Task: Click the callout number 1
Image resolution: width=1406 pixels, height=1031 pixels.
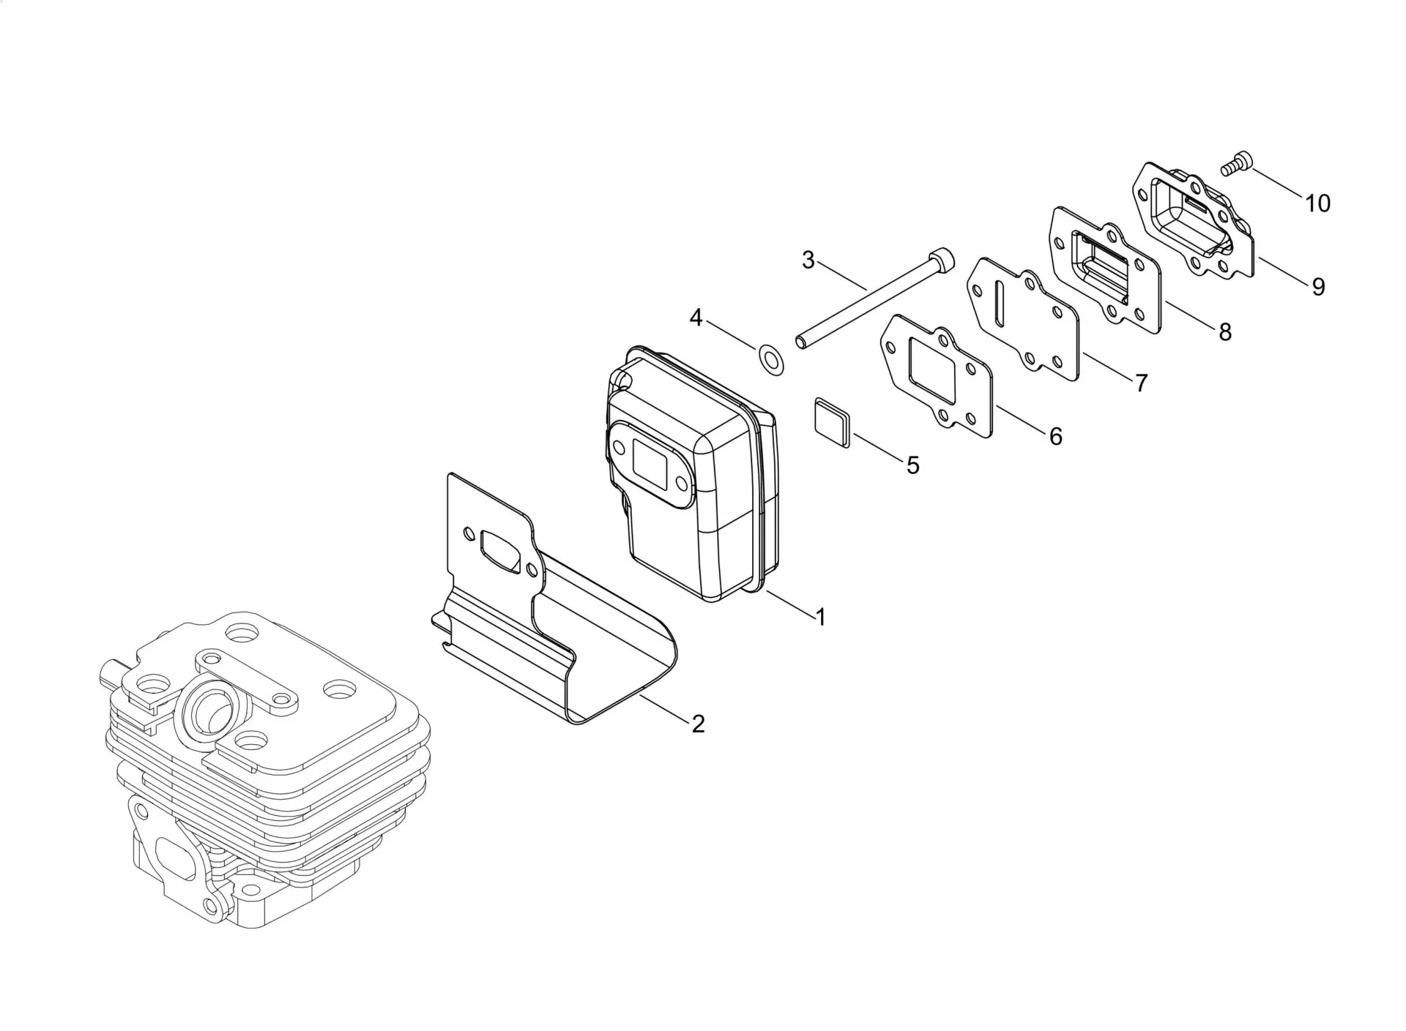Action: (x=821, y=617)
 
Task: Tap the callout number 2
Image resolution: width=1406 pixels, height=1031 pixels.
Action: (x=699, y=724)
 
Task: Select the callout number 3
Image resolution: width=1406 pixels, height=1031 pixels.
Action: (x=808, y=260)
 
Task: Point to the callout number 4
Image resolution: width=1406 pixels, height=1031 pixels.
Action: (x=696, y=318)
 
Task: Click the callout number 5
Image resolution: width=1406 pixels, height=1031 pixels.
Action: (x=913, y=465)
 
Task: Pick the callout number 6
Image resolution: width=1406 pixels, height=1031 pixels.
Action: (x=1055, y=436)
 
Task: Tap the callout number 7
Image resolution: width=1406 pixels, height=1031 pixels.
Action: (x=1142, y=382)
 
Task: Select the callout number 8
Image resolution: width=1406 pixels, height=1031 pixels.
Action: (x=1225, y=331)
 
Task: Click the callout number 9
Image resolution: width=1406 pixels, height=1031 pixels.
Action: (x=1318, y=287)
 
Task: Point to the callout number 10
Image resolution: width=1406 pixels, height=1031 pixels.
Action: (x=1318, y=203)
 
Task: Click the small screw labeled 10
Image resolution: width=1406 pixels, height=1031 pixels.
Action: (x=1237, y=162)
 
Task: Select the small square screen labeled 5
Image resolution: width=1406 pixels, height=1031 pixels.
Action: (x=832, y=421)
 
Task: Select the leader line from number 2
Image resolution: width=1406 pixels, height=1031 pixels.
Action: (x=663, y=708)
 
